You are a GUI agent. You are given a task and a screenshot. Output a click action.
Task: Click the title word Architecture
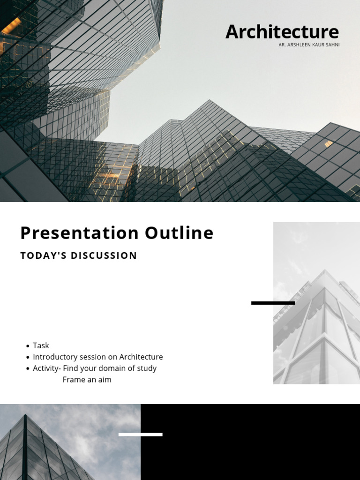[x=282, y=32]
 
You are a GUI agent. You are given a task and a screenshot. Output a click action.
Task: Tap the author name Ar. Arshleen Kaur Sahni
[x=309, y=45]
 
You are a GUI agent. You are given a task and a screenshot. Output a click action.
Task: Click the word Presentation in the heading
[x=79, y=233]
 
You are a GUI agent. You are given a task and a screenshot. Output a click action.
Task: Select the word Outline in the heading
[x=179, y=233]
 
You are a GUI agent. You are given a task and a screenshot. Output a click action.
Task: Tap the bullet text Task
[x=41, y=345]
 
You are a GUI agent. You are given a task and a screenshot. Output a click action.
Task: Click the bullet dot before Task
[x=28, y=346]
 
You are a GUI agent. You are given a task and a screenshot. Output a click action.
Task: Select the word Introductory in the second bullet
[x=55, y=357]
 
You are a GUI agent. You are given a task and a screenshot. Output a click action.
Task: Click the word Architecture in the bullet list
[x=141, y=357]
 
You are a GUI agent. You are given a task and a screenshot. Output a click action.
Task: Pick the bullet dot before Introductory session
[x=28, y=357]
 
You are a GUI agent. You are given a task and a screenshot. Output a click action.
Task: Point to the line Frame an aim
[x=87, y=380]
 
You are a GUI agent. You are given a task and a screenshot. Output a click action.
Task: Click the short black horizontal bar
[x=273, y=303]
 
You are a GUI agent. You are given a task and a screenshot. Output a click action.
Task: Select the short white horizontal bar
[x=140, y=435]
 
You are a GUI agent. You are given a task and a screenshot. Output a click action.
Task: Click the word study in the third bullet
[x=147, y=368]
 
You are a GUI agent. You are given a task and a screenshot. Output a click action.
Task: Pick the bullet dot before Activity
[x=28, y=368]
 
